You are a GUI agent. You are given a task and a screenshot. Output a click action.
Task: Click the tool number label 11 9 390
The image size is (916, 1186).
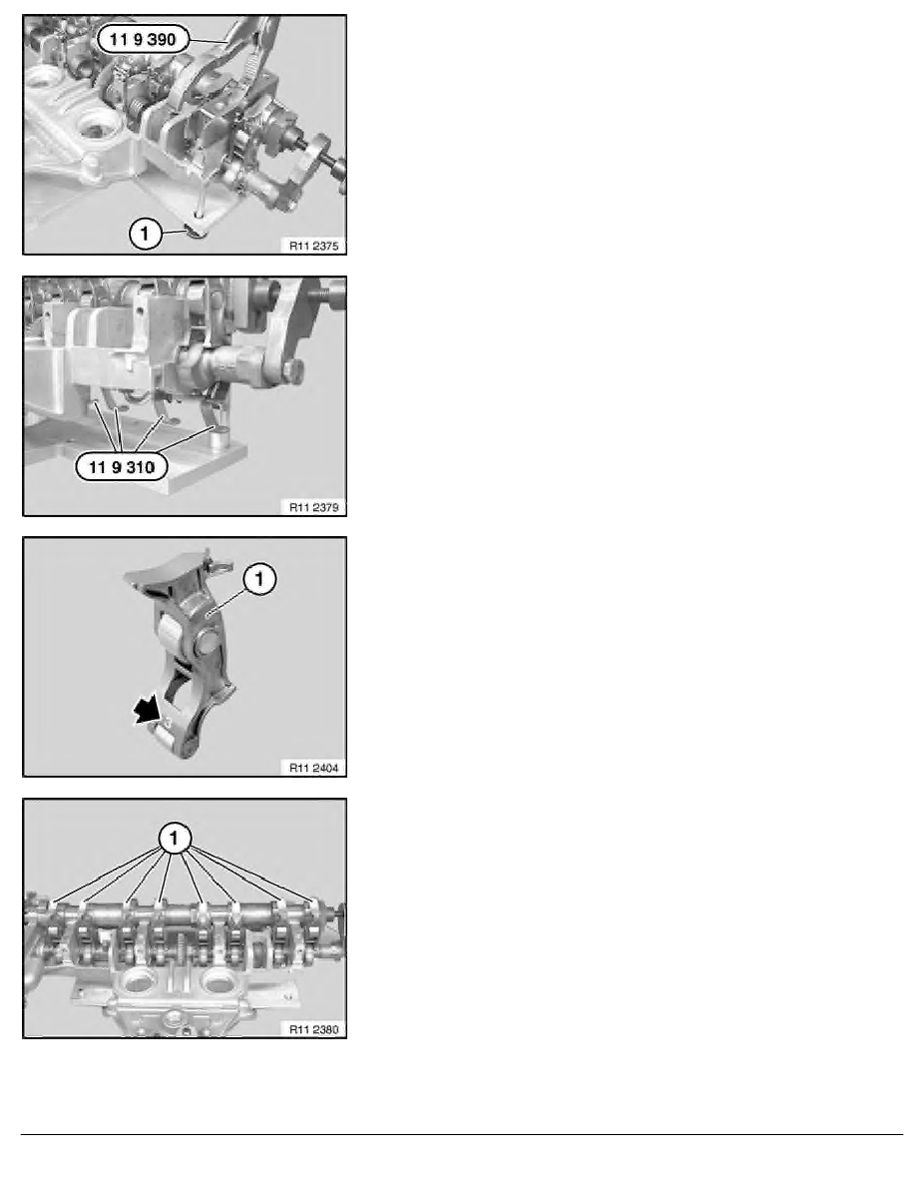click(143, 39)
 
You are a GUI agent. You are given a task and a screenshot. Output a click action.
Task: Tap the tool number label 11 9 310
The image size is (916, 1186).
click(122, 466)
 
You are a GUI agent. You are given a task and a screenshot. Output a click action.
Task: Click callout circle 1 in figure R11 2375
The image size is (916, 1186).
click(145, 234)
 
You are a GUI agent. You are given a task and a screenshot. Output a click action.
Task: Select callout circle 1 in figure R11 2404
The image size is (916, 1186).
click(259, 579)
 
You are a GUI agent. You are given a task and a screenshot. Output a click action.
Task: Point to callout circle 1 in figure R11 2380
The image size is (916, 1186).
click(175, 838)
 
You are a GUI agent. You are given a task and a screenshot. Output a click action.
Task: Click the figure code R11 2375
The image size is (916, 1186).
click(313, 246)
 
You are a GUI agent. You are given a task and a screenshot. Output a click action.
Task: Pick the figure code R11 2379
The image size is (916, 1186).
click(313, 507)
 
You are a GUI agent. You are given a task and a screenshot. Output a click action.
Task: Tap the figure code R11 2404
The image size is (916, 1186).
click(313, 768)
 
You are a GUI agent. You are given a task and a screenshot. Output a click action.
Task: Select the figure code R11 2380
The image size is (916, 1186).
click(313, 1028)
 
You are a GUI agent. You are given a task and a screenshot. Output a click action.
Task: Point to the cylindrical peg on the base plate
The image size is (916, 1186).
click(220, 437)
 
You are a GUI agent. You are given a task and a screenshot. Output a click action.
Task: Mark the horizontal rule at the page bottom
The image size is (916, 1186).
click(462, 1134)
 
